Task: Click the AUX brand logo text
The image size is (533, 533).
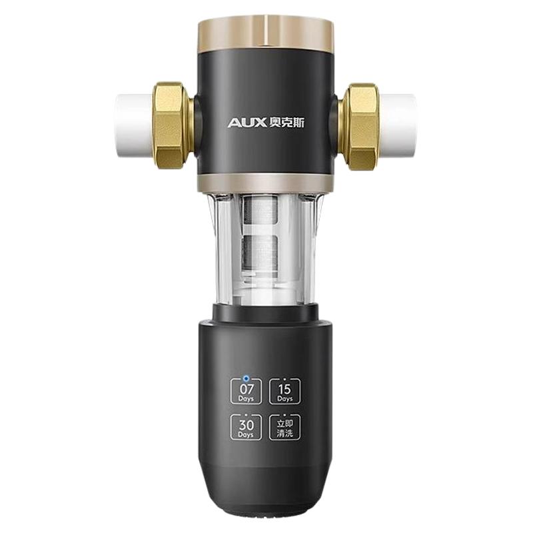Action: pyautogui.click(x=247, y=123)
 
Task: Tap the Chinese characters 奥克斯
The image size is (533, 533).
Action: pyautogui.click(x=286, y=123)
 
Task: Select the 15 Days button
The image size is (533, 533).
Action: pyautogui.click(x=285, y=392)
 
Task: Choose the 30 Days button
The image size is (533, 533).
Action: pyautogui.click(x=246, y=427)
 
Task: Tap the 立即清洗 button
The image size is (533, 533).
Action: pyautogui.click(x=285, y=427)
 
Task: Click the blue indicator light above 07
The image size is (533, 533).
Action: pyautogui.click(x=246, y=378)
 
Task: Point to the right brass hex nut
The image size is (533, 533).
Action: pyautogui.click(x=360, y=127)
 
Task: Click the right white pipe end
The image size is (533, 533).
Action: pyautogui.click(x=397, y=127)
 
